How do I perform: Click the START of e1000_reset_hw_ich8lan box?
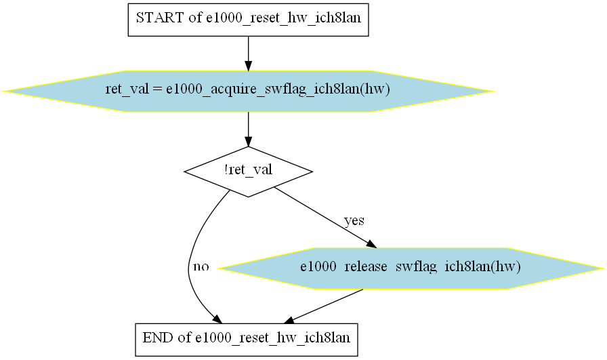pos(248,20)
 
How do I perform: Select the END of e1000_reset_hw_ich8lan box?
pos(246,340)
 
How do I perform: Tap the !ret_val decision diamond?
pos(248,172)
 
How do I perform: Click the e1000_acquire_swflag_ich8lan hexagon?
pos(248,91)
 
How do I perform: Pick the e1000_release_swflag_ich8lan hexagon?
pos(411,268)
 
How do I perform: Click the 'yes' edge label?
pos(354,220)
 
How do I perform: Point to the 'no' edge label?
pos(201,266)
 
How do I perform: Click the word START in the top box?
pos(160,18)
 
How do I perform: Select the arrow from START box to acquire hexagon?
pos(248,54)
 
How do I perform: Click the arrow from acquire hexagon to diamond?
pos(248,129)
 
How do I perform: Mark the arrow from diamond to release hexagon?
pos(325,218)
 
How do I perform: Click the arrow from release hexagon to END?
pos(324,306)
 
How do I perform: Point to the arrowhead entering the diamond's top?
pos(248,142)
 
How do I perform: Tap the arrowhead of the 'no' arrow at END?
pos(217,319)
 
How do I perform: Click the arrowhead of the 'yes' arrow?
pos(371,244)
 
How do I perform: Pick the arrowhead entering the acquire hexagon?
pos(248,66)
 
